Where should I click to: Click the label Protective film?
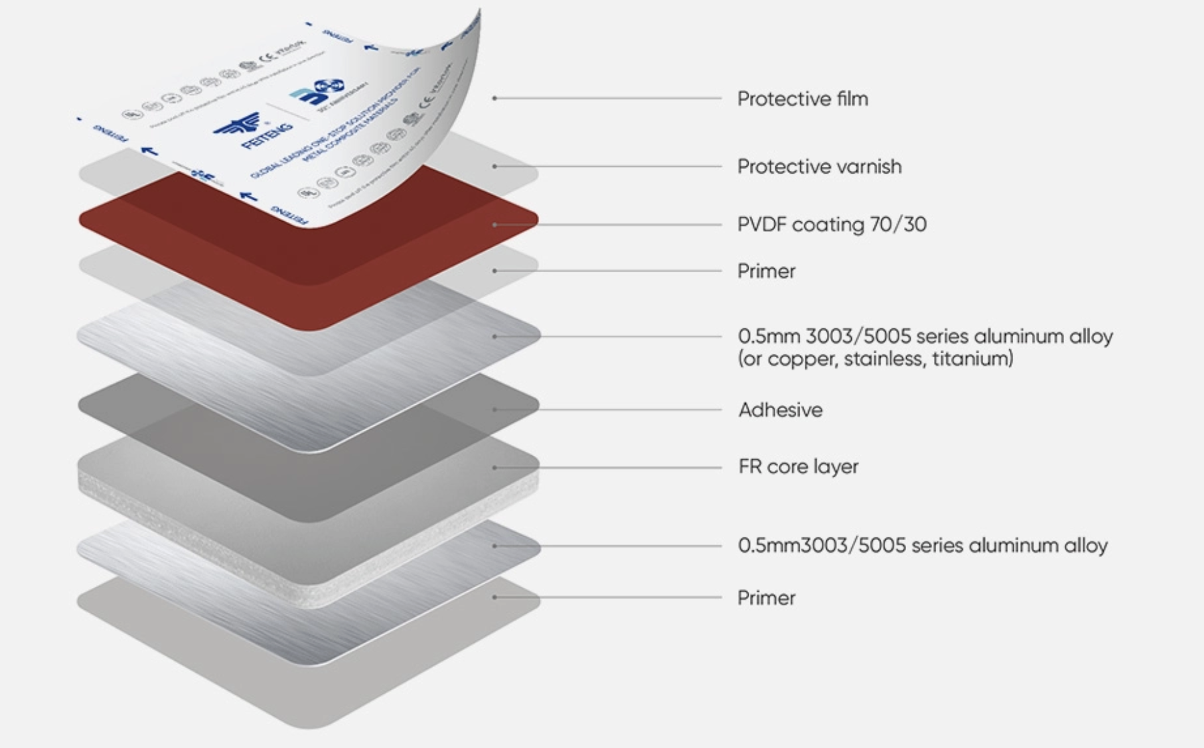(802, 99)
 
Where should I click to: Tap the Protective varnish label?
(819, 167)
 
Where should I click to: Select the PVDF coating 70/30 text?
(832, 225)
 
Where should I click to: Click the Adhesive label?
(780, 410)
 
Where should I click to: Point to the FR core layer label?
(798, 467)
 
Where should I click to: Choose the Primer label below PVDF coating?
(766, 271)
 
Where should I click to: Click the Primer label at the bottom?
(766, 598)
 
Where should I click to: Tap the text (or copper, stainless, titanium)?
(875, 359)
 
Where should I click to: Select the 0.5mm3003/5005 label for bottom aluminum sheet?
(922, 546)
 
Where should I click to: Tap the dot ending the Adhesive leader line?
(495, 410)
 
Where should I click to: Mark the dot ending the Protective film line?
(495, 99)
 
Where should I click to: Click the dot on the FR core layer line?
(495, 467)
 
